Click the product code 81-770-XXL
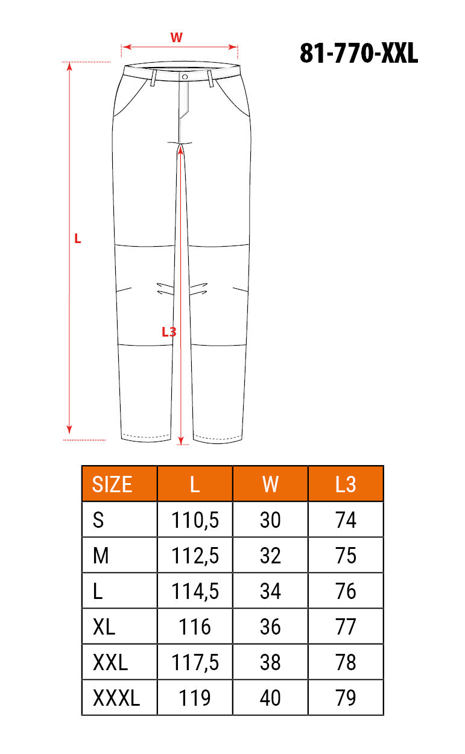(359, 53)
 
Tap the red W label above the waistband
(176, 37)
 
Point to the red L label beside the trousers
(77, 238)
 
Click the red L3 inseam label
(169, 332)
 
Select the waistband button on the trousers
(185, 77)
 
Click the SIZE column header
(112, 484)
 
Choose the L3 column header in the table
(346, 484)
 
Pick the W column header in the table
(270, 484)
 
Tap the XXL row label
(110, 662)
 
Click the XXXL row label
(116, 698)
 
